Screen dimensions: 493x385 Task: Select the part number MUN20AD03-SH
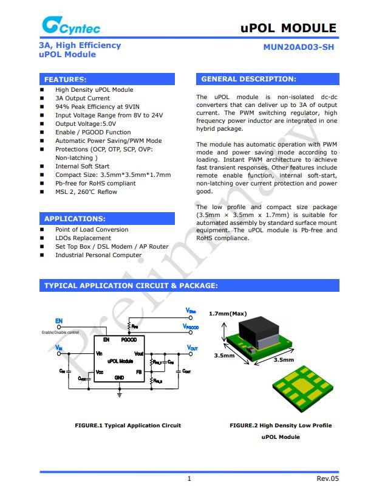click(x=298, y=47)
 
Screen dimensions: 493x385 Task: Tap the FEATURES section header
click(x=66, y=80)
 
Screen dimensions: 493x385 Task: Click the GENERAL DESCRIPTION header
click(x=248, y=79)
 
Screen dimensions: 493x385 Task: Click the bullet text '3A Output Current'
click(x=83, y=98)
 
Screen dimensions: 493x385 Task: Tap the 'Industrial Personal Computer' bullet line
click(x=98, y=255)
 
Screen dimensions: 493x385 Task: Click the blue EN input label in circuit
click(x=59, y=321)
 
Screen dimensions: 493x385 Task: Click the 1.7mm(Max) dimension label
click(x=227, y=314)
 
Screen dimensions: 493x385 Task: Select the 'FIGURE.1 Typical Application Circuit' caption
click(x=128, y=426)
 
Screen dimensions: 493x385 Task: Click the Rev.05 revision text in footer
click(x=327, y=478)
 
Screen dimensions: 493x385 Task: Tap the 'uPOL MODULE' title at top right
click(x=288, y=28)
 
